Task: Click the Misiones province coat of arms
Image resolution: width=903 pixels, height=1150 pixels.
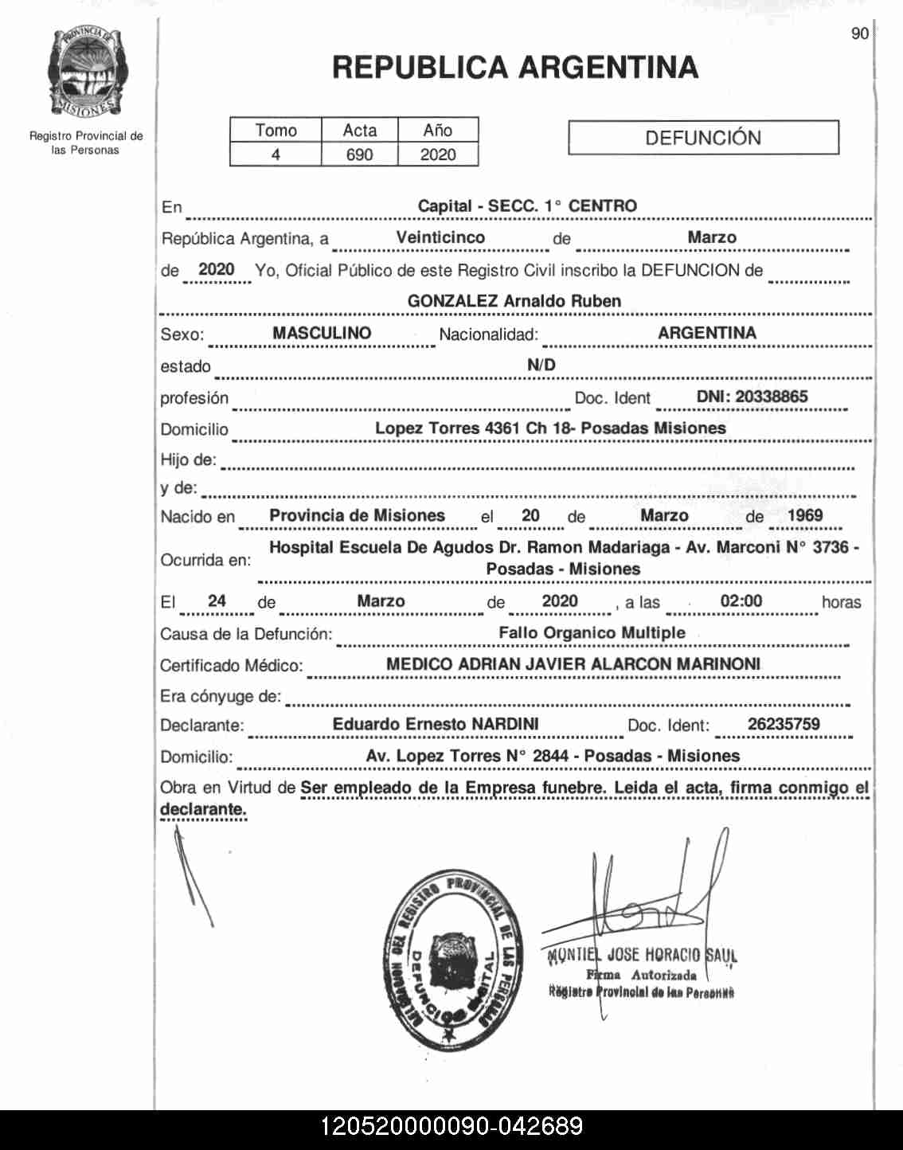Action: pos(86,72)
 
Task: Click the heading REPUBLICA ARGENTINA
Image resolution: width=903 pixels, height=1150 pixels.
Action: pos(515,68)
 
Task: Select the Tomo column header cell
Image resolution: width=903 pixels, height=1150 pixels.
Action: pos(276,131)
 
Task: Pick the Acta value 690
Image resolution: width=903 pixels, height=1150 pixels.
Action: pos(359,155)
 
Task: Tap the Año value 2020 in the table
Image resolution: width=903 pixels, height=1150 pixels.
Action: pos(438,155)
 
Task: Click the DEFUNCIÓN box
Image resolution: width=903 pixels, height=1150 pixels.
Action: pos(703,138)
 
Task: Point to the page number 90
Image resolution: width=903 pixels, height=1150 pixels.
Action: pos(859,33)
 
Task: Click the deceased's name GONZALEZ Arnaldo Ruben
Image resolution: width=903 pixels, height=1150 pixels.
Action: pos(514,301)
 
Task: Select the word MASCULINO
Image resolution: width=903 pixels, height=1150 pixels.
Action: pos(322,333)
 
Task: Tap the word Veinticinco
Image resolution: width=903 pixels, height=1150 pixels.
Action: pos(440,237)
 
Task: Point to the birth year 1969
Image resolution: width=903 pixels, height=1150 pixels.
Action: pos(804,515)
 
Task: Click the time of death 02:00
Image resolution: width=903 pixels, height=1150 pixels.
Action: pos(741,601)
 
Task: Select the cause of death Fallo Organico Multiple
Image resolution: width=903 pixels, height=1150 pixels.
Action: pos(592,632)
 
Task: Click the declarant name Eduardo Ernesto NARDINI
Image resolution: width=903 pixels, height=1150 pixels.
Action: pos(436,724)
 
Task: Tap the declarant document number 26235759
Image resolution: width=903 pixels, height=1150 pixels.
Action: pos(784,724)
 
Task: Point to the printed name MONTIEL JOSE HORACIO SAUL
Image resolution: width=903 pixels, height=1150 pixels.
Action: pos(642,955)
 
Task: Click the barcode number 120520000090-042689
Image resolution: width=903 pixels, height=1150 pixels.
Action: pos(451,1127)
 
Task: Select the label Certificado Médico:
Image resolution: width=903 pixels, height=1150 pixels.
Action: pos(232,666)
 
